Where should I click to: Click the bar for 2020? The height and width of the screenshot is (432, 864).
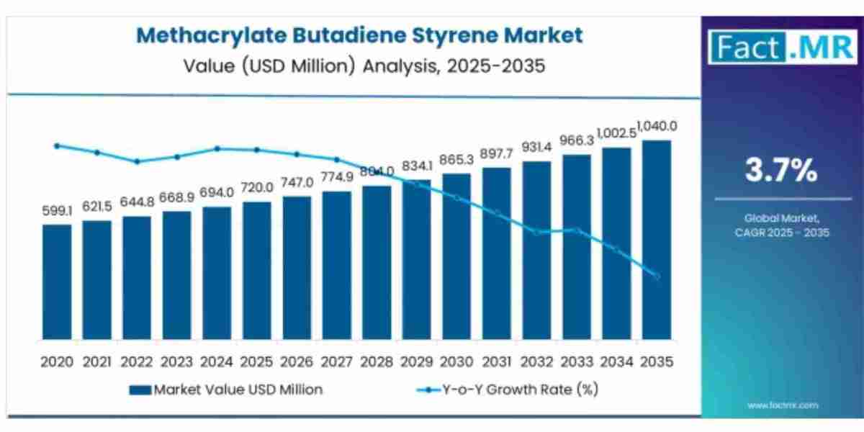tap(57, 282)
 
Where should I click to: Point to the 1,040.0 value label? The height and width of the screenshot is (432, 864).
tap(656, 127)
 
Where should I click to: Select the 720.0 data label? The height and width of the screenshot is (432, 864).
tap(256, 188)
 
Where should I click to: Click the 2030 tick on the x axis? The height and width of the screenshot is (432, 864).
tap(456, 362)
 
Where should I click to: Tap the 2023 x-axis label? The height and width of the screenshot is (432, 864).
tap(176, 362)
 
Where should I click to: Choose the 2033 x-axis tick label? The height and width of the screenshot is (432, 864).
tap(576, 362)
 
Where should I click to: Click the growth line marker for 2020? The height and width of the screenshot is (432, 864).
tap(57, 145)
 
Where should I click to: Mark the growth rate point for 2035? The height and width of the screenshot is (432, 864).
tap(656, 276)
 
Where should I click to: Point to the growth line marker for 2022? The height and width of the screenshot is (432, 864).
tap(137, 161)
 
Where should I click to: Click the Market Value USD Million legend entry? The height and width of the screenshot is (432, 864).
tap(226, 390)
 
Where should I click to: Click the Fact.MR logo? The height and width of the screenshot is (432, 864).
tap(781, 47)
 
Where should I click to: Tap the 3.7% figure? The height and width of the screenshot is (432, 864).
tap(781, 171)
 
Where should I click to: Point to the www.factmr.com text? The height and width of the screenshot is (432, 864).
tap(783, 405)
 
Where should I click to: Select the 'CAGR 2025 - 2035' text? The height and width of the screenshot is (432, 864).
tap(783, 233)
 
